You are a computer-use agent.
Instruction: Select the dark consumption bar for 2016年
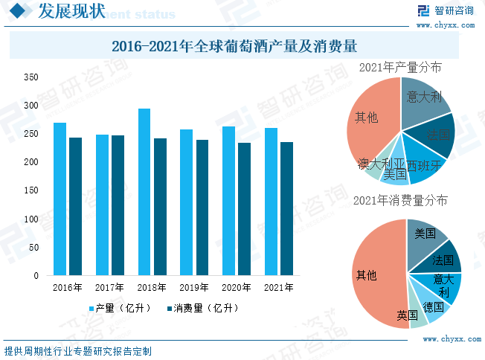coord(75,206)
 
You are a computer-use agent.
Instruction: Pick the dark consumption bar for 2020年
coord(244,209)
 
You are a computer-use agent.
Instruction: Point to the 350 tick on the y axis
coord(30,77)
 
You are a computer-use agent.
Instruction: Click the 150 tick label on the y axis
coord(30,190)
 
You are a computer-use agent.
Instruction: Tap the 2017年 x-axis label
coord(109,286)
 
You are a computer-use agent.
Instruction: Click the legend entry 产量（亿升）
coord(120,308)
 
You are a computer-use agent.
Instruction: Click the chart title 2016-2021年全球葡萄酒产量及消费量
coord(235,46)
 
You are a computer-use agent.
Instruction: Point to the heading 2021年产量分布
coord(399,67)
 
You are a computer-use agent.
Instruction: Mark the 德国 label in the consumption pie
coord(433,306)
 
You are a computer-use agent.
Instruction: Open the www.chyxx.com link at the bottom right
coord(447,338)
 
